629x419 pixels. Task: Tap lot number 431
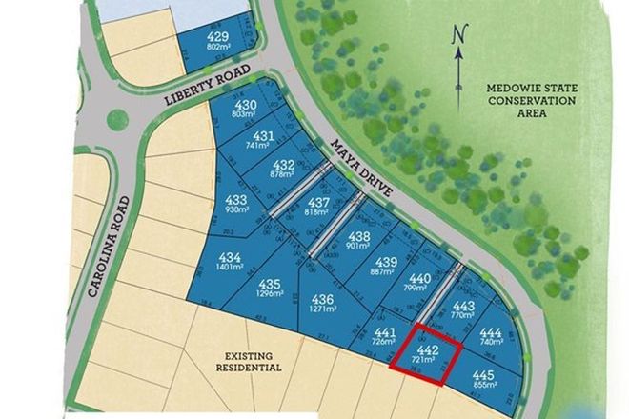pos(266,135)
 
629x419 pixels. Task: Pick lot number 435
pos(270,284)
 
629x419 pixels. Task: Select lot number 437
pos(320,202)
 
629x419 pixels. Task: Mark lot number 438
pos(358,236)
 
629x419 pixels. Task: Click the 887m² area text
pos(382,272)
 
